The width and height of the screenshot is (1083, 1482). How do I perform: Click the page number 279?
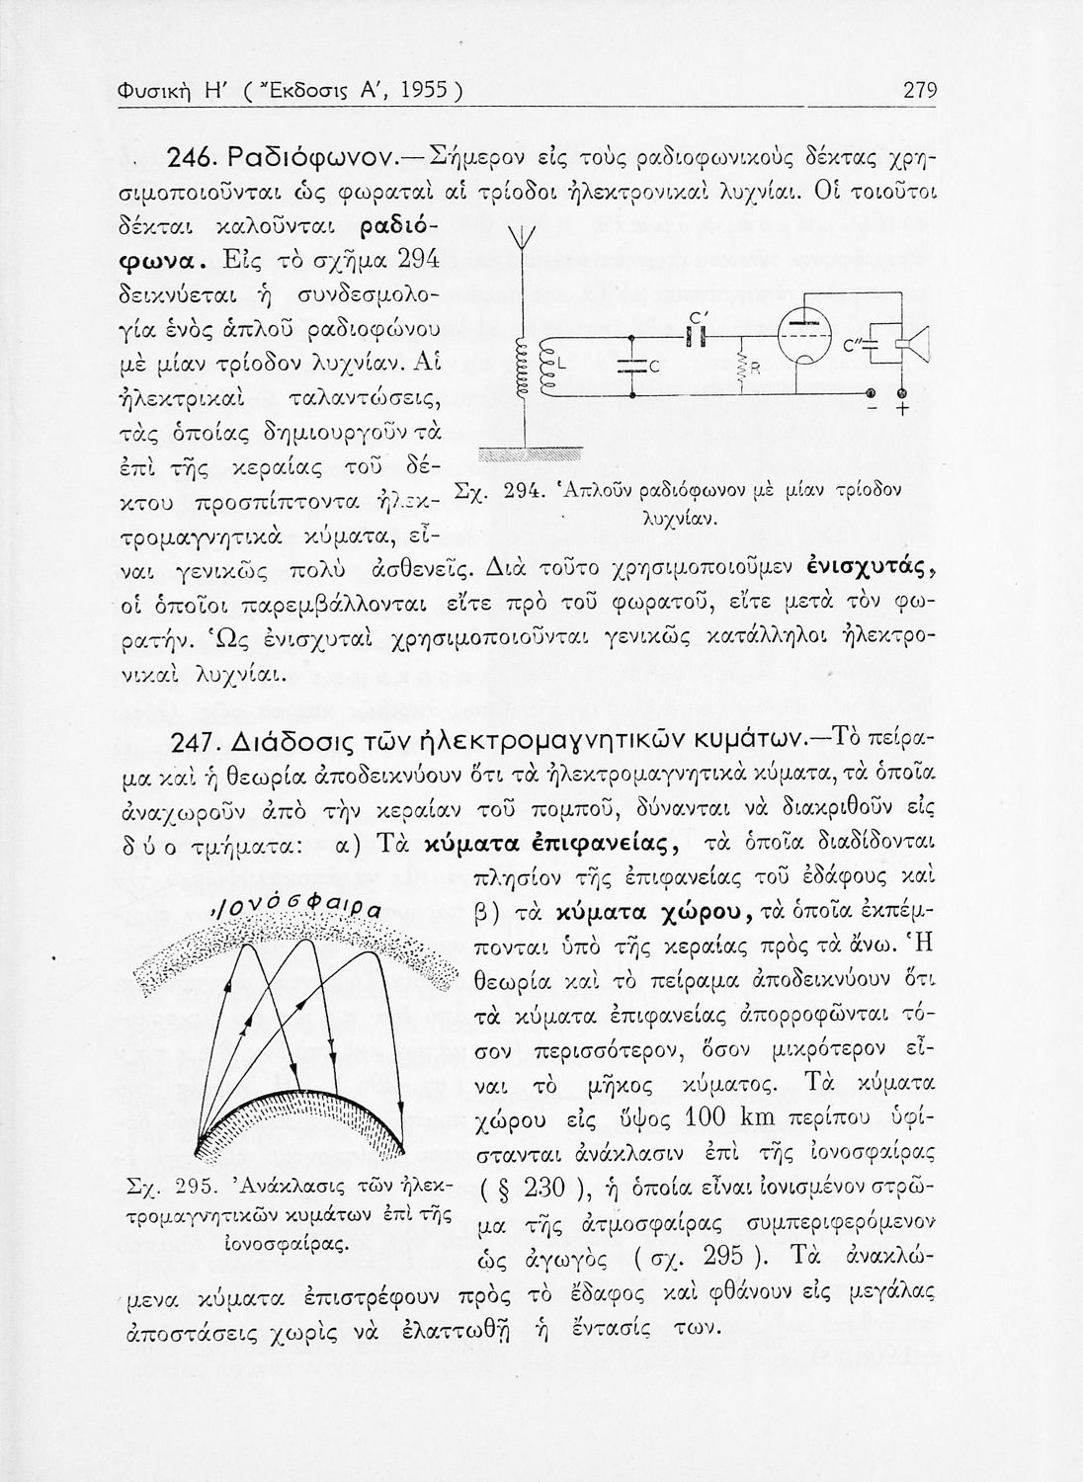[919, 92]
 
